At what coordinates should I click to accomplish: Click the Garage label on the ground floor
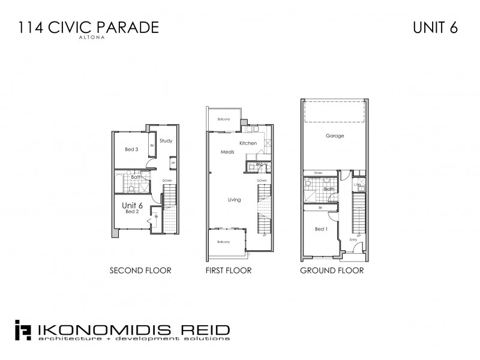click(x=334, y=136)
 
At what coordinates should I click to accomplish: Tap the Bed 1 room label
click(x=321, y=229)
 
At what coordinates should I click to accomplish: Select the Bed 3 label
click(x=132, y=149)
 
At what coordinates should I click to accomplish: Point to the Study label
click(x=166, y=141)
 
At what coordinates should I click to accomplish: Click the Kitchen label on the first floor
click(x=248, y=143)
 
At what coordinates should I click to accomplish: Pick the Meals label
click(x=227, y=152)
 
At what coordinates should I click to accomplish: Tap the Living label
click(x=235, y=199)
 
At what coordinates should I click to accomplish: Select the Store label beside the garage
click(x=318, y=173)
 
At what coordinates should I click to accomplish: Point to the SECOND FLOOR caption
click(x=140, y=271)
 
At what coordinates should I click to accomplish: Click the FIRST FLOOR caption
click(x=229, y=271)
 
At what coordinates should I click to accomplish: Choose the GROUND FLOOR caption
click(x=332, y=271)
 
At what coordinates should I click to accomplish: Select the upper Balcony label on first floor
click(x=224, y=119)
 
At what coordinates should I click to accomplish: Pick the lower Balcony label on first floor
click(x=224, y=242)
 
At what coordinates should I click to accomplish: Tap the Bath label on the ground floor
click(x=328, y=190)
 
